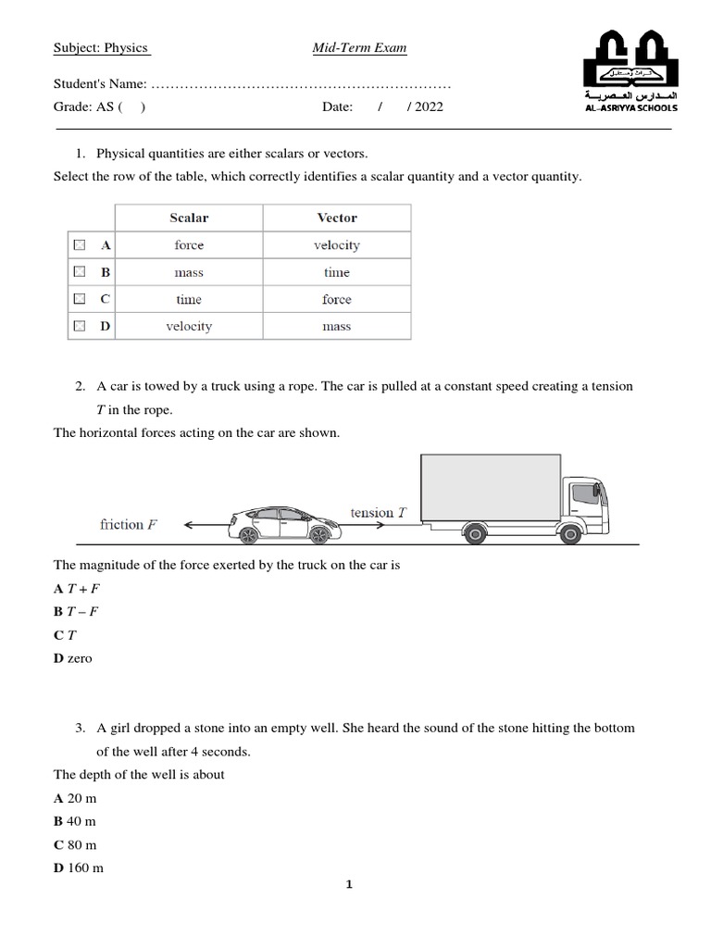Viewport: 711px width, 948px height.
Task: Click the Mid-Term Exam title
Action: click(x=359, y=48)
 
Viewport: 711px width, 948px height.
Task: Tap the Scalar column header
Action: click(x=189, y=218)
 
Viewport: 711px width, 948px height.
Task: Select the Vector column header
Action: click(x=337, y=218)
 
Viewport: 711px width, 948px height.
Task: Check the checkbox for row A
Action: click(x=80, y=245)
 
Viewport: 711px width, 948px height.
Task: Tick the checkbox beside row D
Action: click(x=80, y=326)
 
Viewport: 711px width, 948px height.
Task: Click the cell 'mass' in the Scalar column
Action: click(x=189, y=272)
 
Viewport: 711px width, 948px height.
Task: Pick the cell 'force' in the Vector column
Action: click(x=337, y=299)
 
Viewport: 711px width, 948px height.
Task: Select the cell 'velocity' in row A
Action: click(x=337, y=245)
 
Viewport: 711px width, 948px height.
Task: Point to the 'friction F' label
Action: click(x=128, y=524)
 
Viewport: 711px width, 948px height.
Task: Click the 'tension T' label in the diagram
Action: click(x=378, y=512)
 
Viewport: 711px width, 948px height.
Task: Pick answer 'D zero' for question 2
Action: click(x=73, y=658)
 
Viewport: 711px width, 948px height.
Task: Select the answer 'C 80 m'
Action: click(x=75, y=844)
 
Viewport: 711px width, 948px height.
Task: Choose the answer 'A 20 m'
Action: click(x=75, y=797)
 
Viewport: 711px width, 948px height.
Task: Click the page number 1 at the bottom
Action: click(x=350, y=884)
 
